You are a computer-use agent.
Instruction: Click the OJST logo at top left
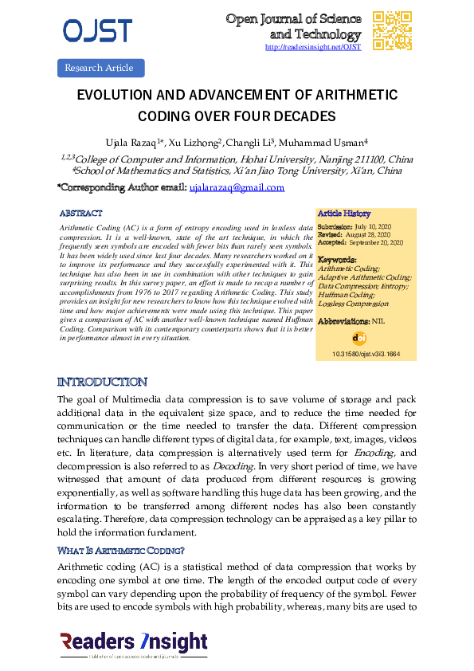coord(97,30)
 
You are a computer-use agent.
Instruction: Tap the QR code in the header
coord(392,31)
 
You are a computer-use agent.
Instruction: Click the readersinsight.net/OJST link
coord(312,47)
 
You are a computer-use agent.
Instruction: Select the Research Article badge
coord(100,68)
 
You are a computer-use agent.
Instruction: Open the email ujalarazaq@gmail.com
coord(237,188)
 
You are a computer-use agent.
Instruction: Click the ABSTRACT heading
coord(80,214)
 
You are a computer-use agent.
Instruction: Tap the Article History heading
coord(344,214)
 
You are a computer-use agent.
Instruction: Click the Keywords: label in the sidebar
coord(337,261)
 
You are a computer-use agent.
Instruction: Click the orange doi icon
coord(358,337)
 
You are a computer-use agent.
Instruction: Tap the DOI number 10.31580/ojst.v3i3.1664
coord(366,353)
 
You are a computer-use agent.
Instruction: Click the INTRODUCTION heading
coord(103,383)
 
